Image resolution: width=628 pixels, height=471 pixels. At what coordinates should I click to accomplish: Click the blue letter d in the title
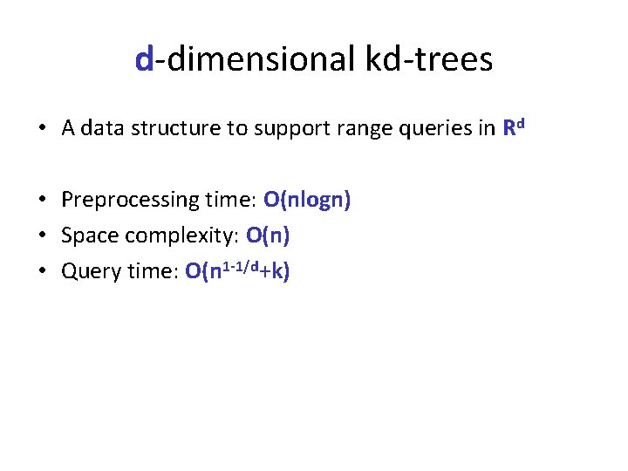(145, 59)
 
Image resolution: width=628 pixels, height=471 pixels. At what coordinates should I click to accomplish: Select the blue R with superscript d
(512, 127)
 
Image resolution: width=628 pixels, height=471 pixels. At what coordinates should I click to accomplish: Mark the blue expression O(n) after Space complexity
(269, 235)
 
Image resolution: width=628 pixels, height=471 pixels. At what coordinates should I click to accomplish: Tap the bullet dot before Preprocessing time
(42, 201)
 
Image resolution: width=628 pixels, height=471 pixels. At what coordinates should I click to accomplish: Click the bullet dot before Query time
(42, 271)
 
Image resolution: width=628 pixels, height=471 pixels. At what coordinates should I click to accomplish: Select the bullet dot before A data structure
(42, 129)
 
